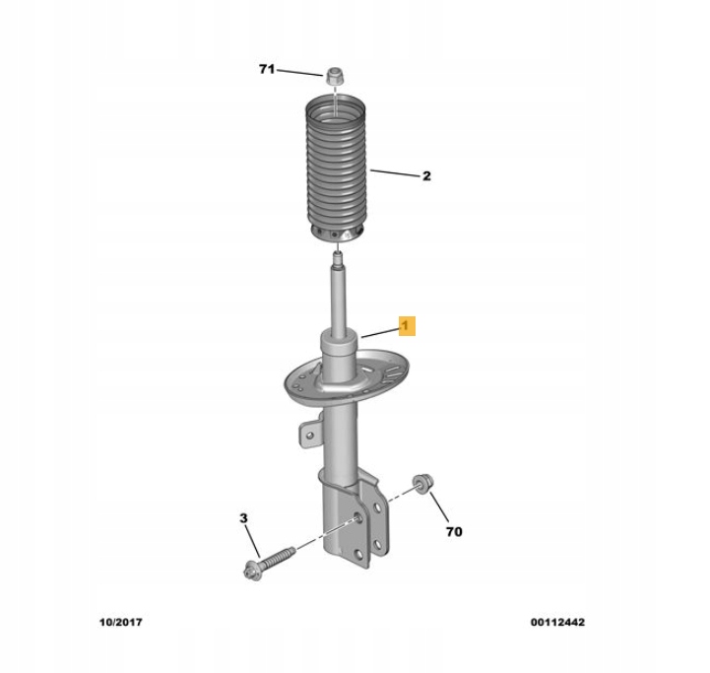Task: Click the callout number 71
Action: (x=267, y=69)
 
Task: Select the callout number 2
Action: (x=426, y=175)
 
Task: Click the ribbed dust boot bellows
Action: (x=338, y=168)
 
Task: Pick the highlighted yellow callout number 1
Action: (x=407, y=325)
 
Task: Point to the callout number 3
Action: (x=243, y=518)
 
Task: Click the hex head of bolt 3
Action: (x=250, y=572)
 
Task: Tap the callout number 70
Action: (x=454, y=531)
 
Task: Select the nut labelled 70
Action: (x=423, y=484)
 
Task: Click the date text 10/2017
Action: (x=121, y=622)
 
